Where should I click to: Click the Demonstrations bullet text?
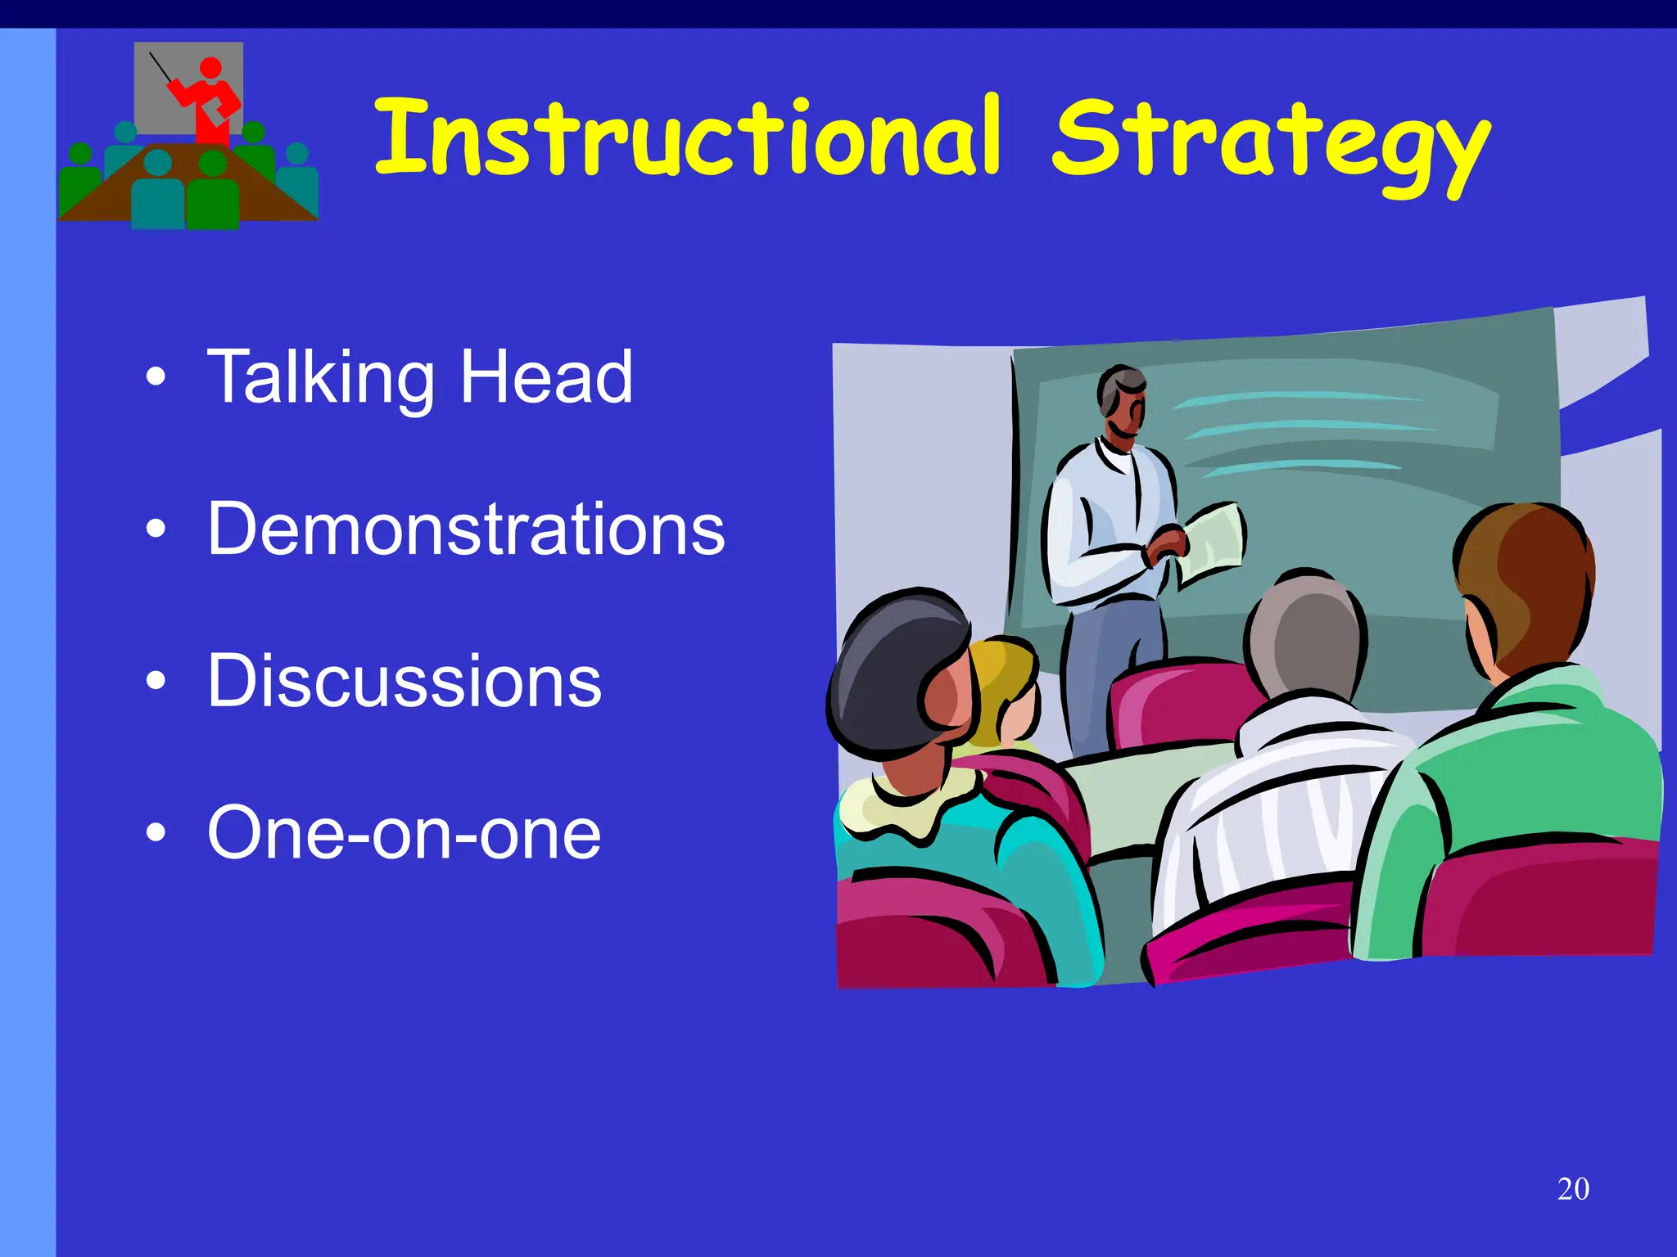(466, 529)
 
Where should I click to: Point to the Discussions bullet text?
(405, 681)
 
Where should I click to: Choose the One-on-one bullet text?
(405, 832)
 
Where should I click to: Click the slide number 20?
(1573, 1189)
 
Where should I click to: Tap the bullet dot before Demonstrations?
(156, 529)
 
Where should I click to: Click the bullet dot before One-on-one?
(156, 833)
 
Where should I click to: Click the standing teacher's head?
(1122, 401)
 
